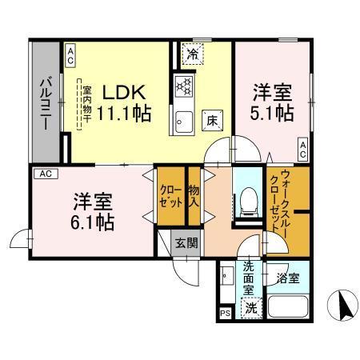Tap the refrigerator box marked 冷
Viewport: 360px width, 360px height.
192,54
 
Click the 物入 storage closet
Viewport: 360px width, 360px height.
194,195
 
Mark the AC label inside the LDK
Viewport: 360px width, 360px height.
70,54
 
